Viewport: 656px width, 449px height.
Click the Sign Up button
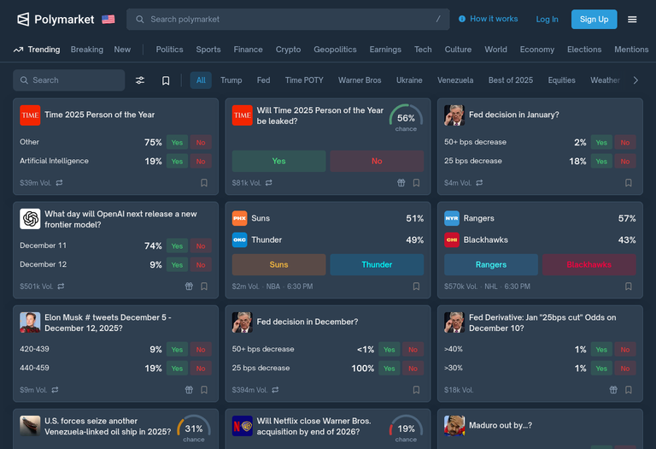(594, 19)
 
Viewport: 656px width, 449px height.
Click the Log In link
(547, 19)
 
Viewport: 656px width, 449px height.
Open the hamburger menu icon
(632, 19)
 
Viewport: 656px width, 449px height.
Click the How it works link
(488, 19)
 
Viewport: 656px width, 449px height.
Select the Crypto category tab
(288, 50)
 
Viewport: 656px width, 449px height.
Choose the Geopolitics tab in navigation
(335, 50)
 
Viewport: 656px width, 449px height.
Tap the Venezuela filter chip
(455, 80)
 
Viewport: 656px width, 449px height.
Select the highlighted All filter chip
(201, 80)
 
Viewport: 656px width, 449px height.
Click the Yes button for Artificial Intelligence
(177, 161)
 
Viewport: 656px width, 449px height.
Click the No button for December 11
(201, 245)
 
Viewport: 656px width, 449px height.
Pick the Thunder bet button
(377, 264)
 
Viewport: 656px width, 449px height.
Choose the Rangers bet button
(491, 264)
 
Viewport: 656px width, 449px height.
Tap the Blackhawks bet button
(589, 264)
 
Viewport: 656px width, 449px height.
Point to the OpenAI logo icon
(30, 219)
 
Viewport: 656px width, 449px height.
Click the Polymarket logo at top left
(56, 19)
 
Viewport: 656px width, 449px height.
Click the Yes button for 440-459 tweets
(177, 368)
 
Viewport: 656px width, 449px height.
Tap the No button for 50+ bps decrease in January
(625, 142)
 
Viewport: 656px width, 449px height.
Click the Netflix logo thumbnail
(243, 425)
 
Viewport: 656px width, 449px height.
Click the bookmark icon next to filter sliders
(166, 80)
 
